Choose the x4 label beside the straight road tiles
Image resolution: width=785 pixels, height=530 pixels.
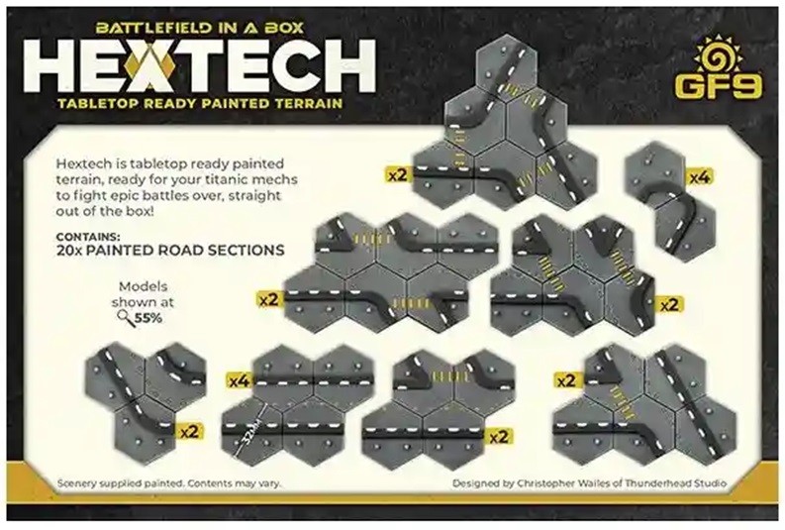(x=238, y=379)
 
